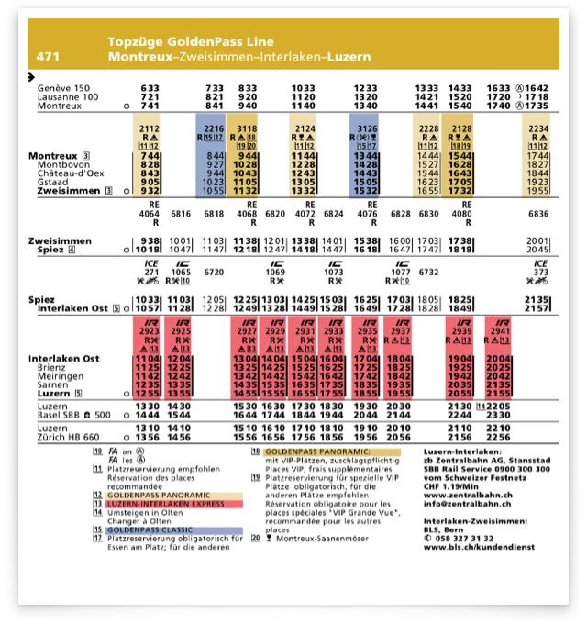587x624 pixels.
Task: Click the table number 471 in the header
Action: click(49, 57)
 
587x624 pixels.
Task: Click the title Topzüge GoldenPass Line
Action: click(190, 42)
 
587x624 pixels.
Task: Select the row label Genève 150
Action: click(64, 88)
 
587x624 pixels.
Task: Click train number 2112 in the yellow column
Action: click(150, 129)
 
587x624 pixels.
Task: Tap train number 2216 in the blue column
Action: click(214, 129)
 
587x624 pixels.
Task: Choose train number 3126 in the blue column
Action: click(366, 129)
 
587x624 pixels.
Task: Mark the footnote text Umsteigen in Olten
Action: click(142, 512)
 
